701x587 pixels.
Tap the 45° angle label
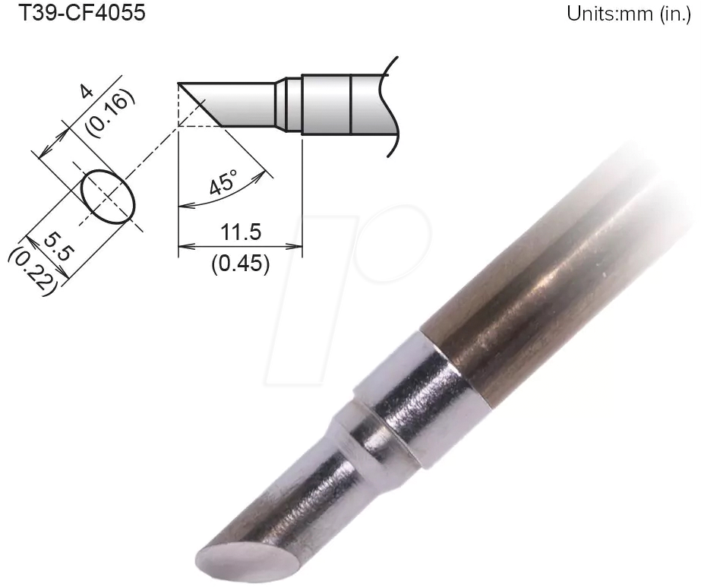click(223, 182)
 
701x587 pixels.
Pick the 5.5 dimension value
click(56, 248)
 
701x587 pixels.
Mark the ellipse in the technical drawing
click(108, 197)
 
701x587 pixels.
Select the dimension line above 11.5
click(240, 246)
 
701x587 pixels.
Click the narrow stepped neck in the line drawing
click(289, 104)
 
